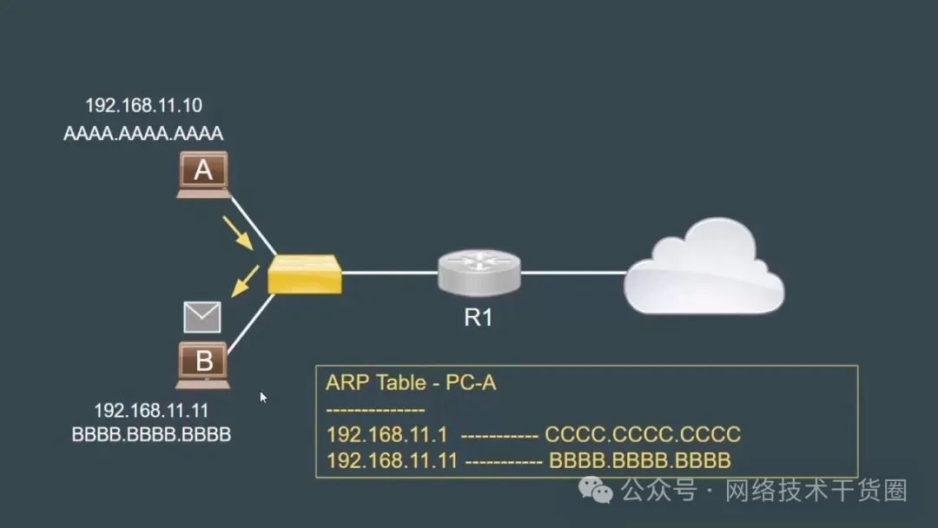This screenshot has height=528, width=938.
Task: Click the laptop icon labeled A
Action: point(203,174)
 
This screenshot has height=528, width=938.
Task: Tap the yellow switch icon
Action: point(304,274)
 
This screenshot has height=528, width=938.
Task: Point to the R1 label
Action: point(479,318)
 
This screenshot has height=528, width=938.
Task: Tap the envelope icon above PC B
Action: point(202,317)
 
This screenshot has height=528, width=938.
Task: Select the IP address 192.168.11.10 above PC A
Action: point(143,106)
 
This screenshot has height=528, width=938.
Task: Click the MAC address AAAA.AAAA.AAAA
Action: point(143,134)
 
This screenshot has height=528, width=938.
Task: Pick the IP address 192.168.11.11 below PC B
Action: point(151,411)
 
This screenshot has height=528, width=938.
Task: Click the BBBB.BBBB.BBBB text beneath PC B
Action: point(151,434)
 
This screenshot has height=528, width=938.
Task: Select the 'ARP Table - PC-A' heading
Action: point(411,383)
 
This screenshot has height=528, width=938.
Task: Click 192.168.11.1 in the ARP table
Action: point(386,434)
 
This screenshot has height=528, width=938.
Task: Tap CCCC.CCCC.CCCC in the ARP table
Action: point(643,434)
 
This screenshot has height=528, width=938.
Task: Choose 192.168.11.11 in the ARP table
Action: point(392,460)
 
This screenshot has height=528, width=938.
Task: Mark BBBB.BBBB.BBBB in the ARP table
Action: point(640,460)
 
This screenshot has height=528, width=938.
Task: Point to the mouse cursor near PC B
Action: point(263,397)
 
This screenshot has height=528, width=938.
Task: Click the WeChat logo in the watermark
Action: point(602,491)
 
